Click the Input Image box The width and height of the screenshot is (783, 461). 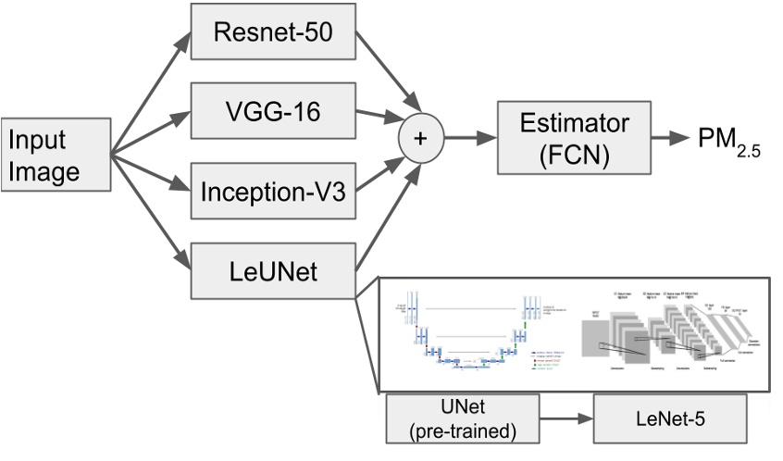(56, 154)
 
